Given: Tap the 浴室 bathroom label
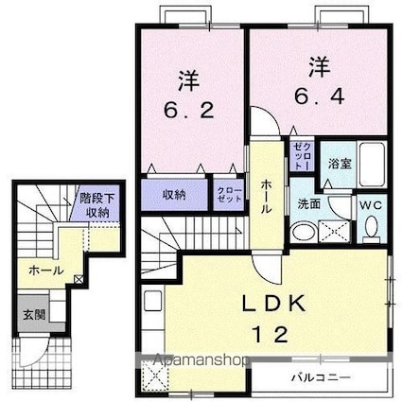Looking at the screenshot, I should click(341, 162).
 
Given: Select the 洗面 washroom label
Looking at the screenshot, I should click(309, 202).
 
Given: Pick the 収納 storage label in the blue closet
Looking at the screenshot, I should click(173, 195).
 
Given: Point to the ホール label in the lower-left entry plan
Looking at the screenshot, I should click(45, 271).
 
